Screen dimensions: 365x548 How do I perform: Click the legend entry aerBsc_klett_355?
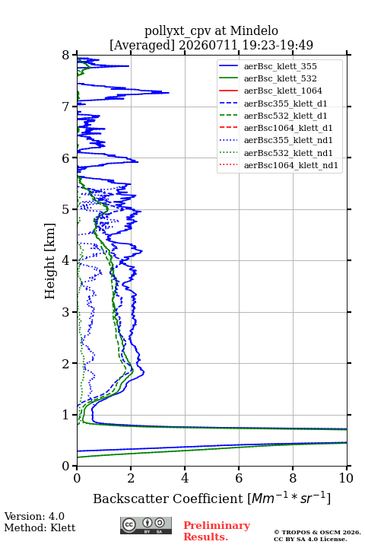click(280, 66)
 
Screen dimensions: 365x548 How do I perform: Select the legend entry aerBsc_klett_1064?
click(283, 91)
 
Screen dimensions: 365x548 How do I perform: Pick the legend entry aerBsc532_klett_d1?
click(285, 116)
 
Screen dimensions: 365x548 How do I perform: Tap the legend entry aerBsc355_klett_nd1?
click(288, 140)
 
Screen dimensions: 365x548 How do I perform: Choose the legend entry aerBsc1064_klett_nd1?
click(291, 165)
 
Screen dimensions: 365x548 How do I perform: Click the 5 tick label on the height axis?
click(66, 209)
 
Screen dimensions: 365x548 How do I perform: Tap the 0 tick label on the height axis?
click(66, 466)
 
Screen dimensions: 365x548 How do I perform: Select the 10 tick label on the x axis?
click(346, 478)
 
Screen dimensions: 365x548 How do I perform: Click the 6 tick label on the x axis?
click(239, 478)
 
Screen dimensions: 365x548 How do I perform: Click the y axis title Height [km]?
click(49, 261)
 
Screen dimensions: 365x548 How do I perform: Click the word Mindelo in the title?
click(254, 31)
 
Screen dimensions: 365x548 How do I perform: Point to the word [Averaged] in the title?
click(141, 45)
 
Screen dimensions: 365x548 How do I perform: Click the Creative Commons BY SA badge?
click(146, 526)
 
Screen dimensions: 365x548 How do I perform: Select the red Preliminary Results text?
click(217, 531)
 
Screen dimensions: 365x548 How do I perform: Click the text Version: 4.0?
click(34, 516)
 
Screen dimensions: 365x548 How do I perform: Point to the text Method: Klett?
click(40, 527)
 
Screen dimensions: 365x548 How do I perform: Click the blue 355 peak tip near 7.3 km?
click(169, 93)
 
